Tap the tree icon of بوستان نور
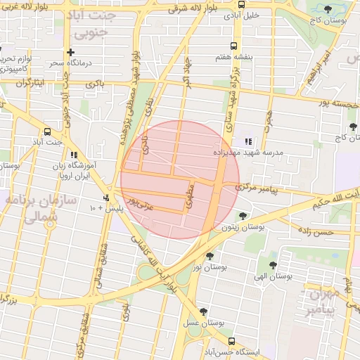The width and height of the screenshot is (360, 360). (210, 256)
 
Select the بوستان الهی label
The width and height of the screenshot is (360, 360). (273, 277)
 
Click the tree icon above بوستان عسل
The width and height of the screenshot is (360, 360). (203, 311)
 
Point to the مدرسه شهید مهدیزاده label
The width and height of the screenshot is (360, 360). (248, 152)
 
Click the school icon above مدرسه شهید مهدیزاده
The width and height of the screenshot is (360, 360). (247, 141)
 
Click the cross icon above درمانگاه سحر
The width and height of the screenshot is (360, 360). (70, 52)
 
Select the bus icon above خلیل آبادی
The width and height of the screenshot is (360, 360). (242, 4)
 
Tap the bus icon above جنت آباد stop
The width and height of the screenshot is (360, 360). (47, 131)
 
